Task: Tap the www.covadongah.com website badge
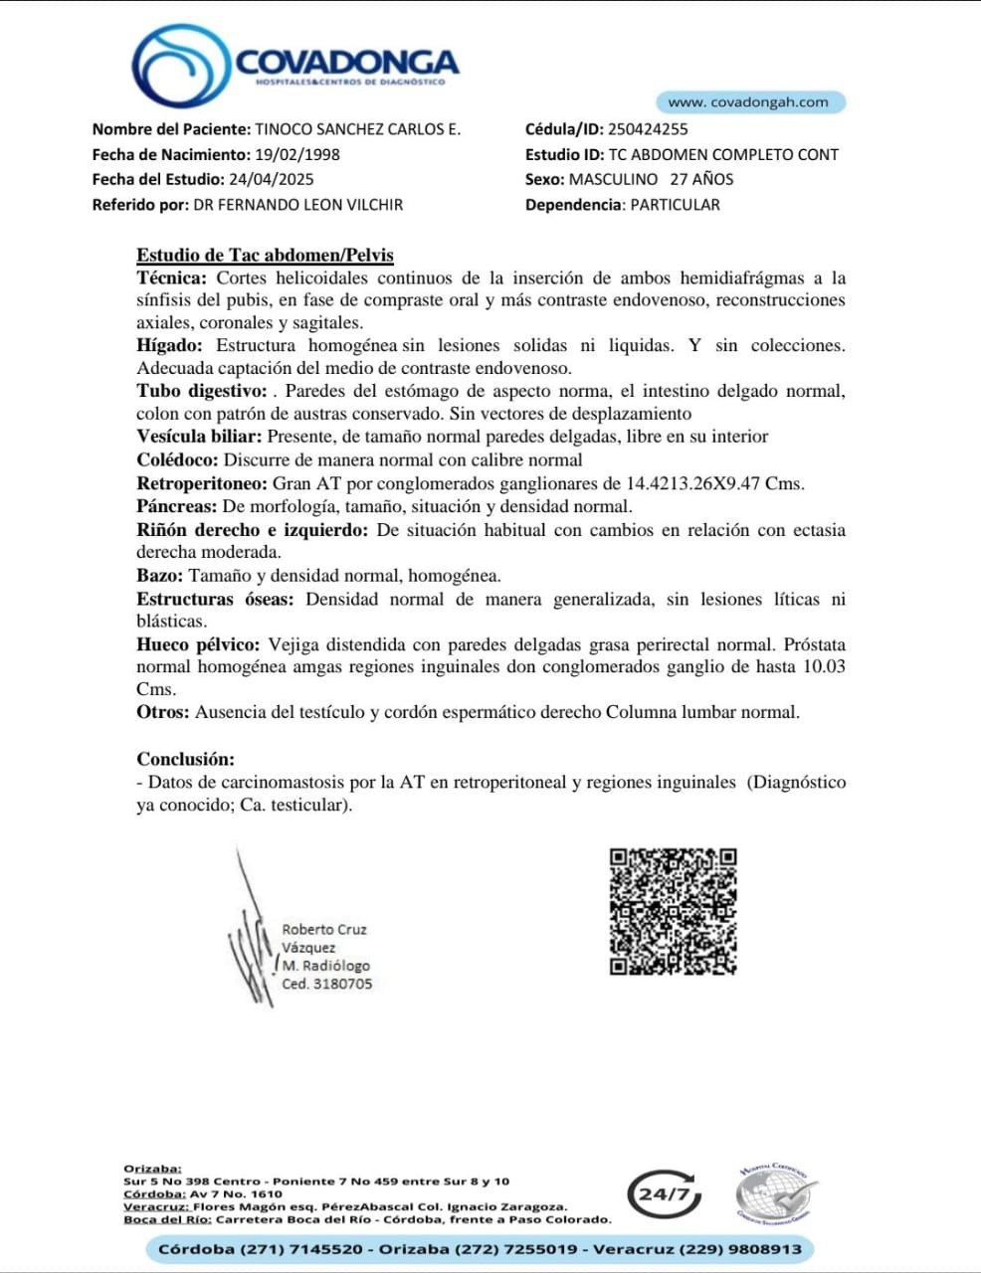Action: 749,102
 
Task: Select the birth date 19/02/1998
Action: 297,154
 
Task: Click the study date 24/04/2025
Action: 271,179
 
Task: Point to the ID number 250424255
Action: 648,128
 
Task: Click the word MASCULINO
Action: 613,179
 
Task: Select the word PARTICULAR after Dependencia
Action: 675,205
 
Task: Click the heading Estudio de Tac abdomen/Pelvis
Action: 265,255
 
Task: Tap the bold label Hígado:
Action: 169,345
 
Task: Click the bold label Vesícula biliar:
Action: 199,437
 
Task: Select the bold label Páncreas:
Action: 176,506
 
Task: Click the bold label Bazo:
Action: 159,576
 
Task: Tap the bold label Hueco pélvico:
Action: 198,644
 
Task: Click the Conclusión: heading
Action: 186,759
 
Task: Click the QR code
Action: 673,911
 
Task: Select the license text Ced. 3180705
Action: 326,984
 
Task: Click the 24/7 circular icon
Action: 664,1193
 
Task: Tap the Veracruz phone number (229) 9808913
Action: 746,1249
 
